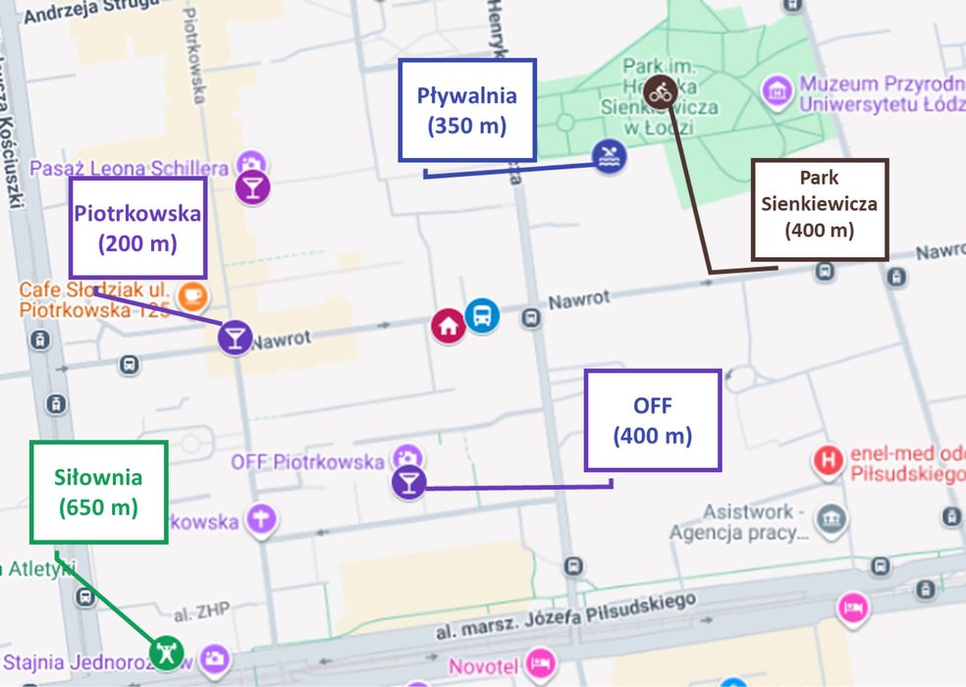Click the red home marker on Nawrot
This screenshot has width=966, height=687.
449,326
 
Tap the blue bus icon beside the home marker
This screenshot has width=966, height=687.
482,316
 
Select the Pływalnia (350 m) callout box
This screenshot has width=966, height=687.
466,110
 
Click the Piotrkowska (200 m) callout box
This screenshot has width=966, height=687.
137,228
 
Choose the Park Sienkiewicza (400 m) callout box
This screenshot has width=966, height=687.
819,210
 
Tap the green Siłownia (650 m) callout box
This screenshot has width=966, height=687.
98,492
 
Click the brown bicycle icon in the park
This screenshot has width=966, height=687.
662,92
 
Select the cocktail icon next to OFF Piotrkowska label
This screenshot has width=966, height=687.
408,482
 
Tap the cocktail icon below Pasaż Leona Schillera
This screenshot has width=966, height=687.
253,187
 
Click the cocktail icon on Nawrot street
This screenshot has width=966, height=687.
235,337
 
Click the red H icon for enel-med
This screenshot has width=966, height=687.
831,459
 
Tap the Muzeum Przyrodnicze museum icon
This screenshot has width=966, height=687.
778,91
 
